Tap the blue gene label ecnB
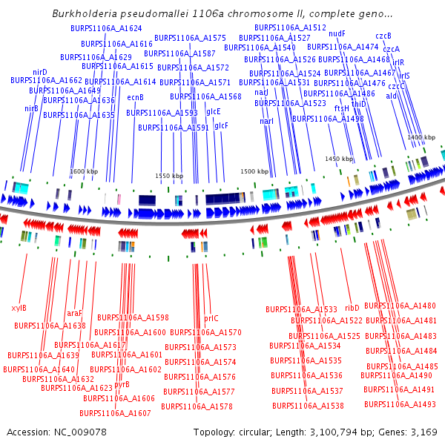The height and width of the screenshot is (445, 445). coord(136,97)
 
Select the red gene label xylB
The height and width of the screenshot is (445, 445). coord(19,307)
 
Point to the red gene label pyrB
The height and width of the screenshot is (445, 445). coord(122,384)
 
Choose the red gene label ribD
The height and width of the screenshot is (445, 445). coord(352,306)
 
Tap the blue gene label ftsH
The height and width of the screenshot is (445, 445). coord(342,108)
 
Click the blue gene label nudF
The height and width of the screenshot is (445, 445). coord(337,33)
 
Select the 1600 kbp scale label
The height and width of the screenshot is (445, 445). coord(84,171)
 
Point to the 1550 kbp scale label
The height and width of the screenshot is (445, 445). coord(168,175)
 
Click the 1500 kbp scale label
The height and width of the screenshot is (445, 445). coord(254,171)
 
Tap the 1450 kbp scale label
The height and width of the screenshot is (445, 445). coord(339,159)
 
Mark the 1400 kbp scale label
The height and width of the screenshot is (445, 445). coord(421,137)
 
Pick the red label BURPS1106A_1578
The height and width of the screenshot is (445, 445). coord(197,406)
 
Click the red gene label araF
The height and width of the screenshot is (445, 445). coord(75,313)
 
